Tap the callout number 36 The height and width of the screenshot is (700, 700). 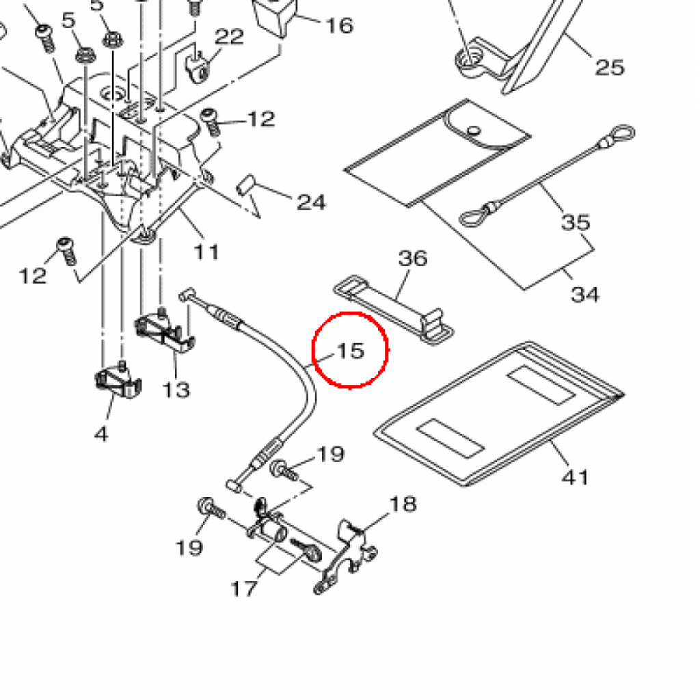(x=413, y=258)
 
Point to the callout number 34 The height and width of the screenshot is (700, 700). (x=585, y=294)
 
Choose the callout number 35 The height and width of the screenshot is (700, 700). (x=576, y=222)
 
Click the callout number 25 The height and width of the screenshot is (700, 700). (x=610, y=67)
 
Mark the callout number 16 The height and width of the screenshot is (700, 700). (x=339, y=26)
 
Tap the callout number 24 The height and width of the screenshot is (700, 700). (x=311, y=202)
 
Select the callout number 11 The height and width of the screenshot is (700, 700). (x=206, y=252)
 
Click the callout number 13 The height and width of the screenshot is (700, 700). (x=176, y=390)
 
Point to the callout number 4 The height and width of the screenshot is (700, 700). (x=101, y=433)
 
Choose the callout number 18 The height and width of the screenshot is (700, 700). (x=403, y=504)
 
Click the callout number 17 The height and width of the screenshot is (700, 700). (x=243, y=588)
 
